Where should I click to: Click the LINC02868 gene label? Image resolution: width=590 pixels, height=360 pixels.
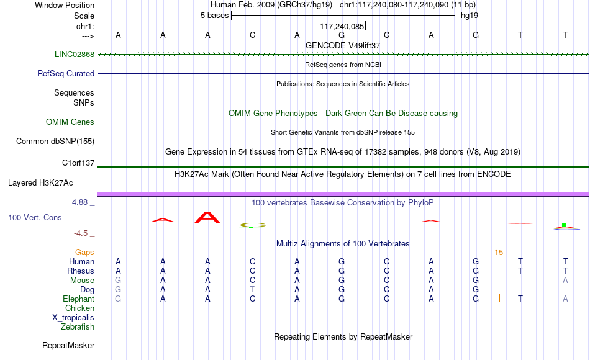coord(75,54)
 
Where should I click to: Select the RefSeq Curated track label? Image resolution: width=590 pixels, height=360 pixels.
coord(66,73)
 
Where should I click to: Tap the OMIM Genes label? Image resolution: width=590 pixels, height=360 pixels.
coord(70,122)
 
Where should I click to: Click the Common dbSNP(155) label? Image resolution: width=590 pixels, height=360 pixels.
coord(55,141)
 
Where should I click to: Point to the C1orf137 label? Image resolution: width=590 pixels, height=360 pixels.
coord(78,163)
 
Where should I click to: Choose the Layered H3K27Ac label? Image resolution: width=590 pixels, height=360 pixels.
coord(40,183)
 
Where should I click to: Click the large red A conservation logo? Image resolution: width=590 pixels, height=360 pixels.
coord(207,217)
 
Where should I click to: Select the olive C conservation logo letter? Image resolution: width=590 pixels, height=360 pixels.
coord(253,225)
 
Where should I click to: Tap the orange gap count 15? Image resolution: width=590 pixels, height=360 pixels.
coord(499,253)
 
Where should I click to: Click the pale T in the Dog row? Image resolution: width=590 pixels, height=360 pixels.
coord(252,290)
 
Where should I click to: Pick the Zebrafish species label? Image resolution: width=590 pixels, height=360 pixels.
coord(78,327)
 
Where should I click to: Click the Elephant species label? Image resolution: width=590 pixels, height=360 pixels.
coord(79,299)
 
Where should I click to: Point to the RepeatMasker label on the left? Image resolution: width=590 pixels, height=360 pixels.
coord(68,345)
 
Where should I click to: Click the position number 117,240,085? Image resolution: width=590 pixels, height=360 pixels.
coord(342,26)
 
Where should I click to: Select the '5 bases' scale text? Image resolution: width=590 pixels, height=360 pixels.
coord(214,16)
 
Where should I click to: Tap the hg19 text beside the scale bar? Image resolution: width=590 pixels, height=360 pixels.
coord(470,16)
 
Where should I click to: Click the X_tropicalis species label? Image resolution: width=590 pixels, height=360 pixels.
coord(73,318)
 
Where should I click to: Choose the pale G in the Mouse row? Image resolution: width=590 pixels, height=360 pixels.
coord(118,281)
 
